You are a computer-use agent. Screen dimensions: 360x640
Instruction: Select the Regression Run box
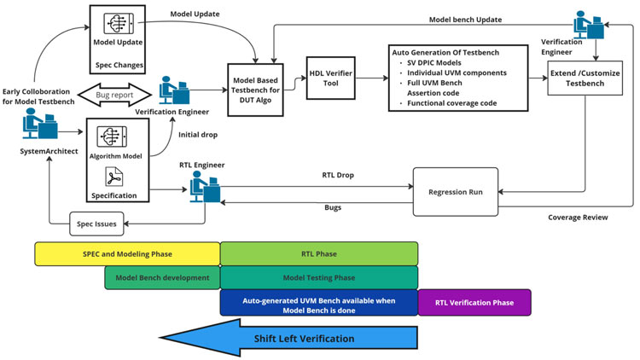pos(453,192)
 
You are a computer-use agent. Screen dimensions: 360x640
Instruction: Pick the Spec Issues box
pos(97,225)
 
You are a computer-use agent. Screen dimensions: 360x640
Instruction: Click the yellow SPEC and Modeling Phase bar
pos(127,253)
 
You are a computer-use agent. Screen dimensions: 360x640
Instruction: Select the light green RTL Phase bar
pos(319,253)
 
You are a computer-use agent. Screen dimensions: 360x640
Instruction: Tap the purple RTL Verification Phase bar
pos(474,302)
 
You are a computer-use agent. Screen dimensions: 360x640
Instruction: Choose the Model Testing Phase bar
pos(319,277)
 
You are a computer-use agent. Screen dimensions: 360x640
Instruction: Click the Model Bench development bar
pos(162,277)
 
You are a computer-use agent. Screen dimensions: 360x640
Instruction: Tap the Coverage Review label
pos(578,218)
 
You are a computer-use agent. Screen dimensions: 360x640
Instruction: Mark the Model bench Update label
pos(464,18)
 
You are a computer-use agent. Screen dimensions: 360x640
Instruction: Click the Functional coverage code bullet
pos(451,103)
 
